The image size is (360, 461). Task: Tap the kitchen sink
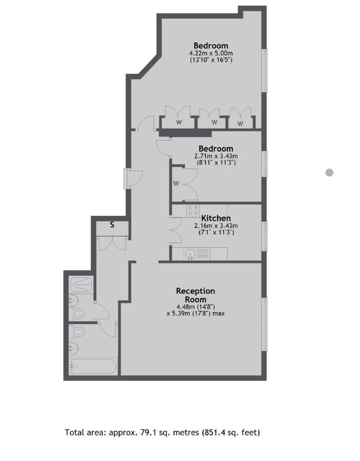pyautogui.click(x=190, y=253)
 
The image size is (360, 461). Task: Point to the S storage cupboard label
pyautogui.click(x=112, y=224)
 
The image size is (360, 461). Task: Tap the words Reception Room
pyautogui.click(x=195, y=295)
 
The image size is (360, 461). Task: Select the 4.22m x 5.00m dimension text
pyautogui.click(x=210, y=53)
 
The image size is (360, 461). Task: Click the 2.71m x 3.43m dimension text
pyautogui.click(x=216, y=156)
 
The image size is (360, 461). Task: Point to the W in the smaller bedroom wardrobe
pyautogui.click(x=176, y=183)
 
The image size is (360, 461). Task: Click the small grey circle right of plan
pyautogui.click(x=329, y=173)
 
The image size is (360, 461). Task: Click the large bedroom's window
pyautogui.click(x=265, y=71)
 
